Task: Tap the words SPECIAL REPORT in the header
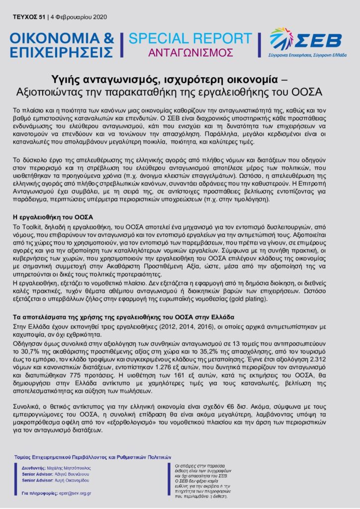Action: pos(190,38)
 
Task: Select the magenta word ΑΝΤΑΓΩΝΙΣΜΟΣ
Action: pos(190,52)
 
